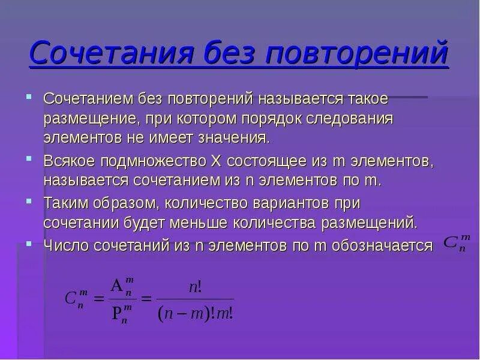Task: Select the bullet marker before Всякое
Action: (x=30, y=160)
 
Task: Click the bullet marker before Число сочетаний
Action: (x=30, y=243)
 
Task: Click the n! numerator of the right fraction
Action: (x=195, y=287)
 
